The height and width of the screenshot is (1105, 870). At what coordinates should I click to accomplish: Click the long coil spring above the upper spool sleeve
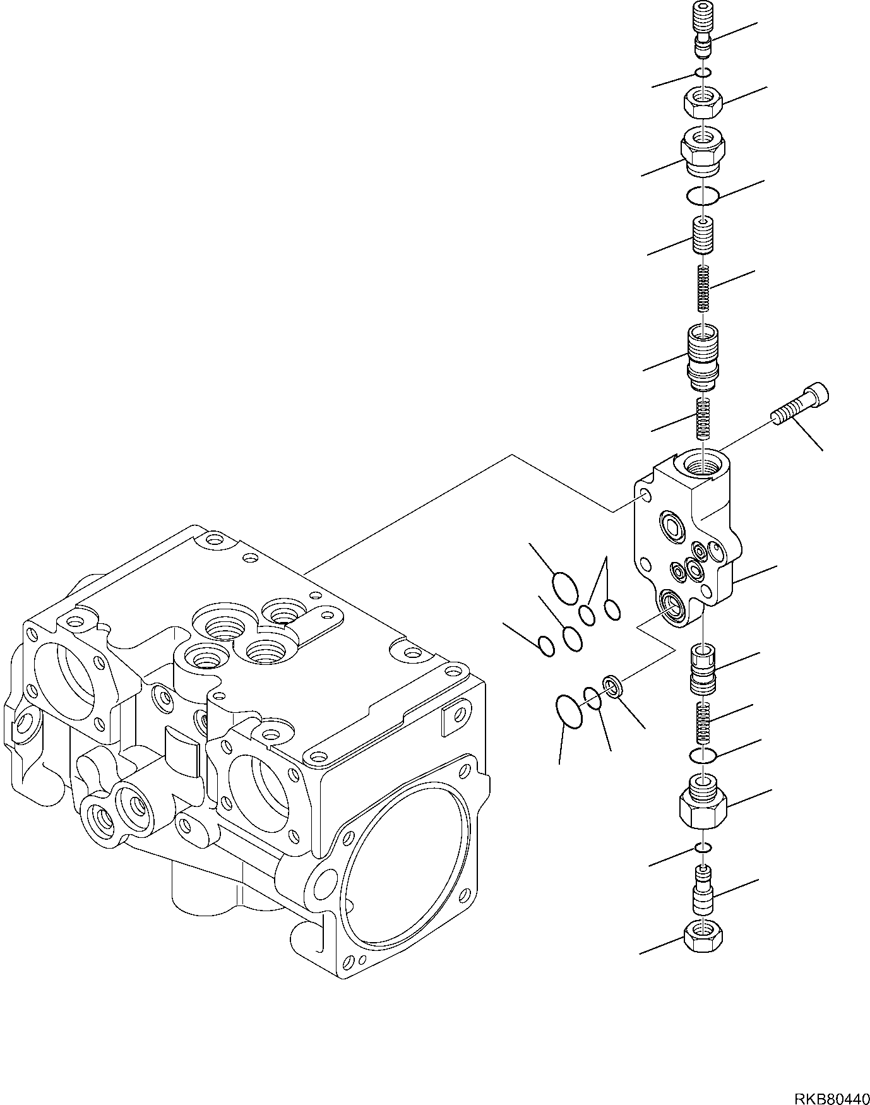[x=703, y=288]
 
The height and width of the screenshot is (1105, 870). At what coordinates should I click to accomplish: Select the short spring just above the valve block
[x=703, y=418]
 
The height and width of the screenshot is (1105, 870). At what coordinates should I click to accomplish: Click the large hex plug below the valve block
[x=703, y=803]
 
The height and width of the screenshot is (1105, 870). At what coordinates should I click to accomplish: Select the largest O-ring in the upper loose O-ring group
[x=565, y=586]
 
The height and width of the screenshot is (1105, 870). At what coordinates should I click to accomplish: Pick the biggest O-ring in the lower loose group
[x=569, y=712]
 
